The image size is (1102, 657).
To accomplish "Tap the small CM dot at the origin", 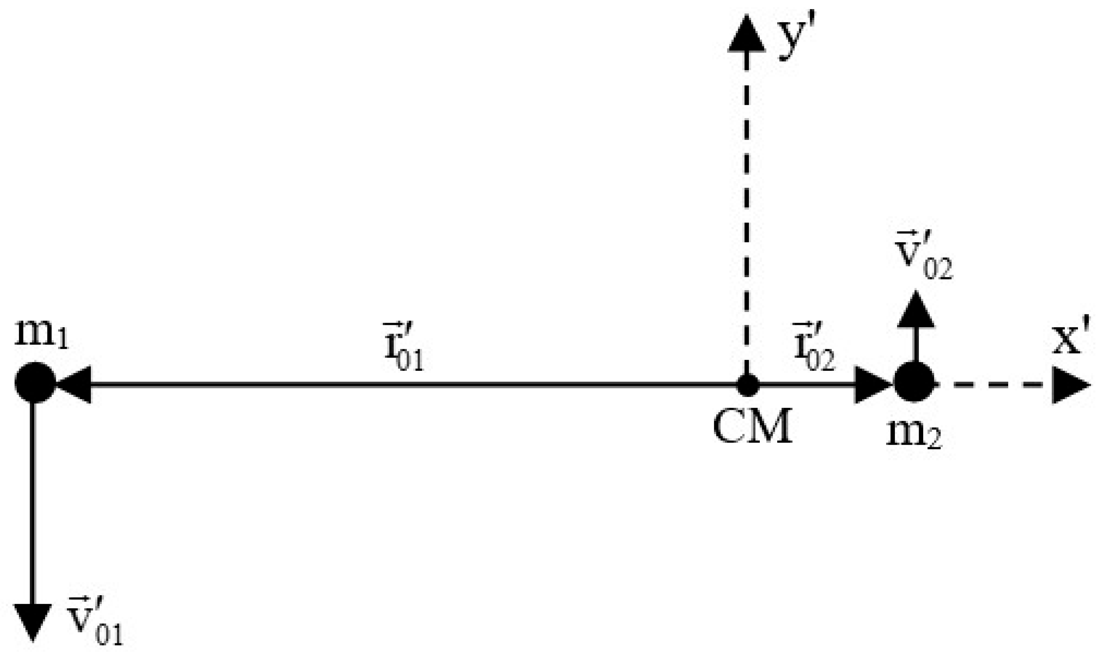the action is [748, 384].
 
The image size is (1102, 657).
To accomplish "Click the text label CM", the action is [753, 427].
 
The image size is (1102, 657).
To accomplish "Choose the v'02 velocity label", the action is [923, 261].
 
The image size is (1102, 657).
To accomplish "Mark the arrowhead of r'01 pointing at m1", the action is [74, 384].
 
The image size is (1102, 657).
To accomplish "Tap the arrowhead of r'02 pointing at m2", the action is [871, 384].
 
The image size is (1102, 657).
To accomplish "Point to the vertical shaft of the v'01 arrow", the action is [33, 500].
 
